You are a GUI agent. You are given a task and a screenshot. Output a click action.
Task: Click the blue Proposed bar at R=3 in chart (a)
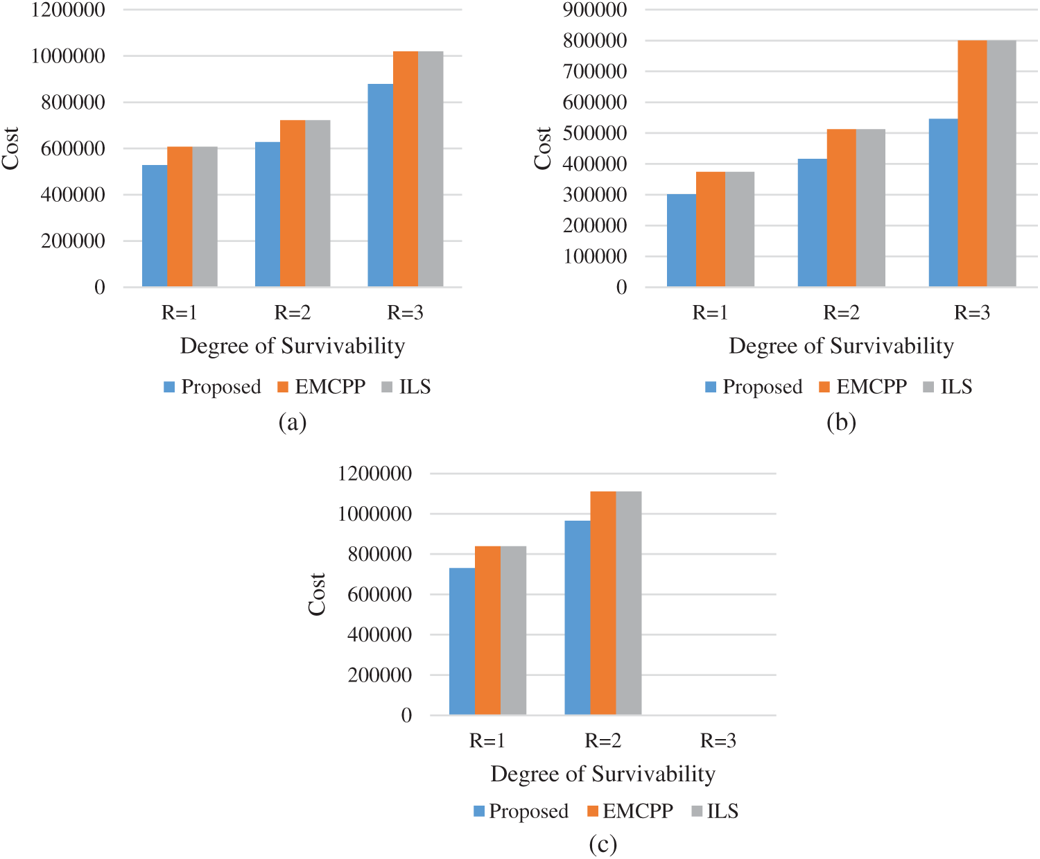380,185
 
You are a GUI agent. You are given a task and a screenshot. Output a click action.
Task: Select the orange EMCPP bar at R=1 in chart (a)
180,216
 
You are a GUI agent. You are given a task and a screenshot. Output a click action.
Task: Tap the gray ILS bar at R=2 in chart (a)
318,203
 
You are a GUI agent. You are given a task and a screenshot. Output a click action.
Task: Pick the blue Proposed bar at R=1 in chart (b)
681,240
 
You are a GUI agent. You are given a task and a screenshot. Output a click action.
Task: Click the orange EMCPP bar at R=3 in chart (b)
971,164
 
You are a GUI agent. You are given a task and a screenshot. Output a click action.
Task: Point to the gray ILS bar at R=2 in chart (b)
870,208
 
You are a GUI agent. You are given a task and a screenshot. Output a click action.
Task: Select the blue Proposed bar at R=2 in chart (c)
577,617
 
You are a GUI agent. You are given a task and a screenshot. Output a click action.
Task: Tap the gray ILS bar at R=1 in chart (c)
513,630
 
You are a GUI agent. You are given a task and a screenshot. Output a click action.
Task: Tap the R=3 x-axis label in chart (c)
718,740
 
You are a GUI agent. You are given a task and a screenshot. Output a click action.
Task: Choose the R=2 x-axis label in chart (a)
292,313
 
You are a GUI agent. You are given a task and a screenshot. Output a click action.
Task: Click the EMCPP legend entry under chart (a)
321,387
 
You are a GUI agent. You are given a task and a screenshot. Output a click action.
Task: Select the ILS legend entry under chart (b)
948,387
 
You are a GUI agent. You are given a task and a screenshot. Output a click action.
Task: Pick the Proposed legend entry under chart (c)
521,811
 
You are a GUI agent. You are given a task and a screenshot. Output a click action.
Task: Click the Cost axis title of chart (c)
317,594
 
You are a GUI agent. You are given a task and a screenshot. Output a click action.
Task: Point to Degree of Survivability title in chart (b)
841,346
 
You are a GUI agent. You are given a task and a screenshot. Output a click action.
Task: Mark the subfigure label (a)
292,422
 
